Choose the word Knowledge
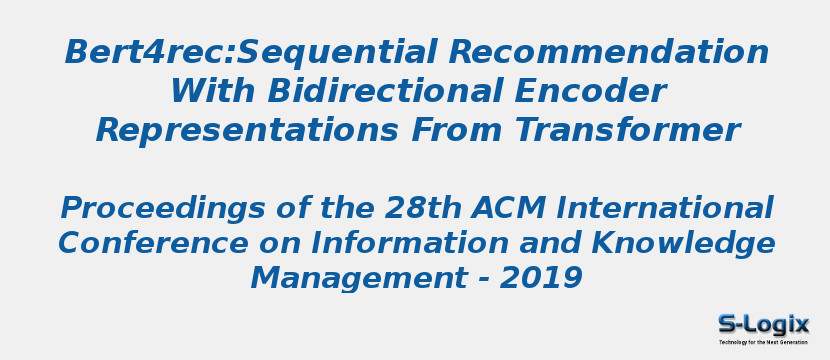coord(683,243)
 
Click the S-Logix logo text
coord(763,324)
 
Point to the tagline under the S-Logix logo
coord(763,342)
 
